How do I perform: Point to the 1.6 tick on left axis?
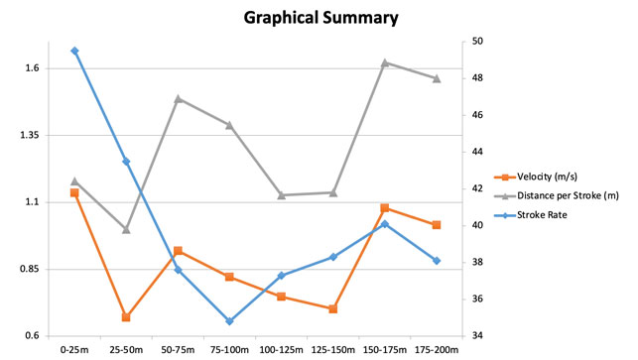tap(31, 68)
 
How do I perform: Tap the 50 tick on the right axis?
tap(477, 42)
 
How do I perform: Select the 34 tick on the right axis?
tap(477, 336)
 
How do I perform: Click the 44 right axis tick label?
tap(477, 152)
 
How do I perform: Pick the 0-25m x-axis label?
tap(74, 350)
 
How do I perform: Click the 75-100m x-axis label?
tap(229, 350)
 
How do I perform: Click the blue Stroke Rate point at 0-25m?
tap(74, 51)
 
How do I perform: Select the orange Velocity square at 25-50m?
tap(126, 317)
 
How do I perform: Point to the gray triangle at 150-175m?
tap(385, 62)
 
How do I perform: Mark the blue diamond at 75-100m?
tap(229, 321)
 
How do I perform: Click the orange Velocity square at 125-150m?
tap(333, 309)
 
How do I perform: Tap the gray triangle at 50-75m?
tap(178, 98)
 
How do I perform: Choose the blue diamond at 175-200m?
tap(437, 261)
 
